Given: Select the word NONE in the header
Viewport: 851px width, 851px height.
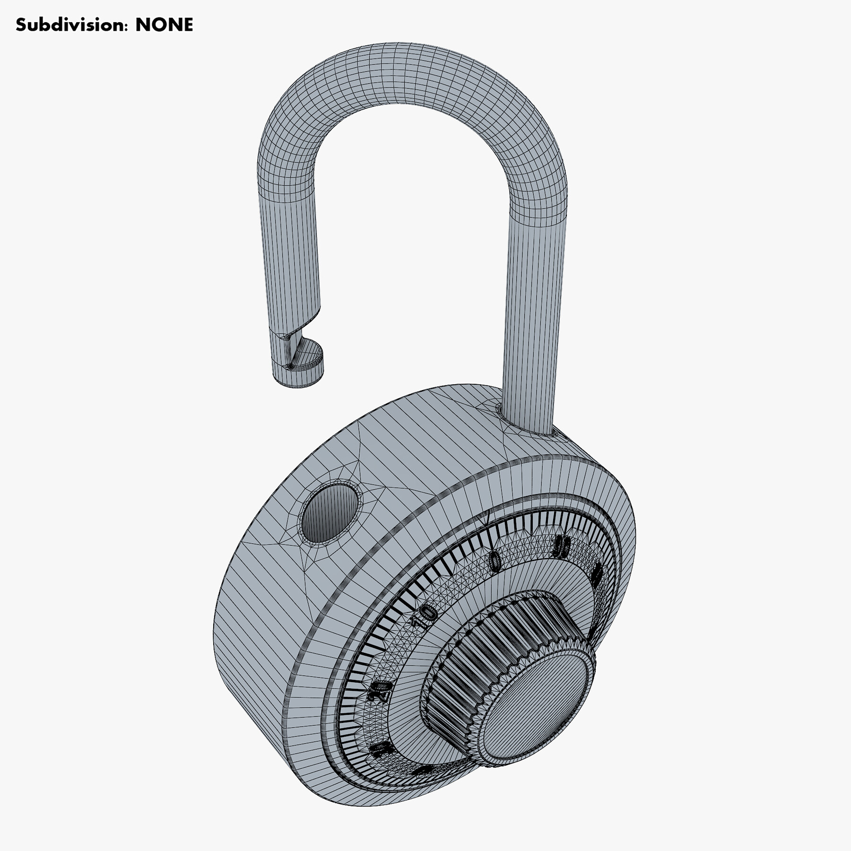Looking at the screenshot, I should click(164, 25).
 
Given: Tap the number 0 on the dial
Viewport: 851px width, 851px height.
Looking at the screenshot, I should click(495, 562).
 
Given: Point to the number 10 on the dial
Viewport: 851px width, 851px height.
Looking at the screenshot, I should click(425, 615).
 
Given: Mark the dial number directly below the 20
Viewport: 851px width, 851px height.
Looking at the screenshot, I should click(381, 749).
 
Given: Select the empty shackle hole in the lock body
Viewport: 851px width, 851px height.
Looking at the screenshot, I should click(330, 513).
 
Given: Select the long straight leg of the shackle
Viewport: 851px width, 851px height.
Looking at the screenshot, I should click(534, 307).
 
